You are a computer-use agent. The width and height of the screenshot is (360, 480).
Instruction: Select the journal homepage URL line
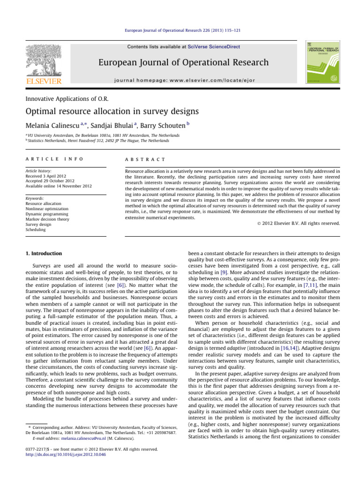186,81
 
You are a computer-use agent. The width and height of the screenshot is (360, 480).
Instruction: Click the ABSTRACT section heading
140,159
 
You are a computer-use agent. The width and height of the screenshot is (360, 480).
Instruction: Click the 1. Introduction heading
44,254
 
